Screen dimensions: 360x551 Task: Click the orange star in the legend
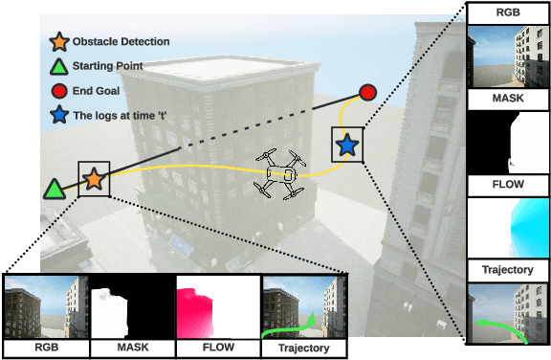point(59,41)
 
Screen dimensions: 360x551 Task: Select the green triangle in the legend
point(59,66)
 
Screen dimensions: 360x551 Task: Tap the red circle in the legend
point(59,91)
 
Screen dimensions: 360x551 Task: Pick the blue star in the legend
point(59,116)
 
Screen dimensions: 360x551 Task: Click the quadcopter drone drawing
point(281,173)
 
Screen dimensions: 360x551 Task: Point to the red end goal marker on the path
point(367,93)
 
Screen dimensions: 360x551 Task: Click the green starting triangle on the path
point(55,188)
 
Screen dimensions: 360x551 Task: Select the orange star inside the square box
point(94,179)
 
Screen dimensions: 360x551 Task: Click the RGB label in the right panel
point(507,14)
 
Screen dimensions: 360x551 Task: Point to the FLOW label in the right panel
point(507,185)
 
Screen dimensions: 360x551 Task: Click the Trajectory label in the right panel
point(507,271)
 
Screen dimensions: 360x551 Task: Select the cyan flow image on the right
point(508,226)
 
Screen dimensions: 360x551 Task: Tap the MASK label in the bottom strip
point(131,348)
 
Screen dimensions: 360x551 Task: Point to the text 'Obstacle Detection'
point(121,41)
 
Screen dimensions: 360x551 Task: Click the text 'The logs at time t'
point(128,116)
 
